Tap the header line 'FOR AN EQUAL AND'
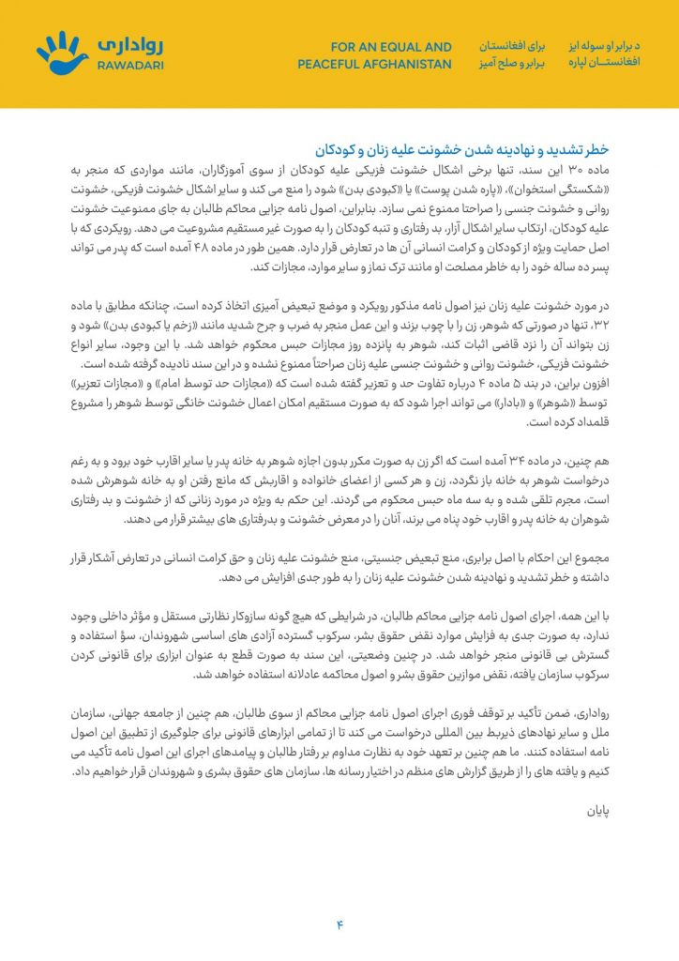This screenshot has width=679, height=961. coord(391,46)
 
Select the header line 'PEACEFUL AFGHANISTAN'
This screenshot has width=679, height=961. coord(375,65)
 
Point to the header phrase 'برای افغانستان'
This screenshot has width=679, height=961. coord(513,46)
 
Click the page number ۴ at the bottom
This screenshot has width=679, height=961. coord(339,924)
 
